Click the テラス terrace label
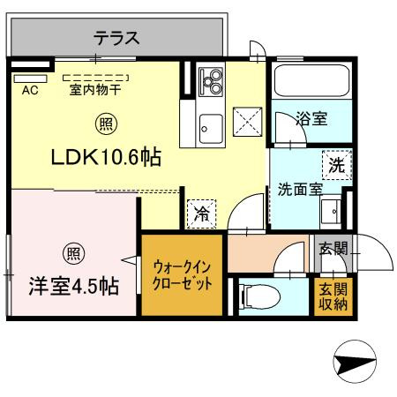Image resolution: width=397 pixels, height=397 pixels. coord(116,38)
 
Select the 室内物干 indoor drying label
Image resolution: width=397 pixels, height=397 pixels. coord(95,89)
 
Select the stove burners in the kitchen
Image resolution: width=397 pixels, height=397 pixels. coord(213,84)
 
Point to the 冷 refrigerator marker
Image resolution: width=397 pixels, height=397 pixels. coord(201,213)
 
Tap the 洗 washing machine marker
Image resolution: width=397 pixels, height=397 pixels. coord(336,163)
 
